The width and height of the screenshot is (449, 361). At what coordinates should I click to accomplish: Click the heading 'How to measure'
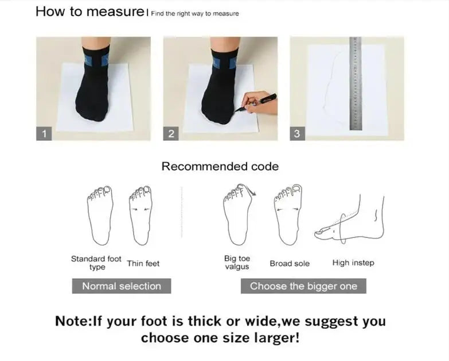(x=90, y=11)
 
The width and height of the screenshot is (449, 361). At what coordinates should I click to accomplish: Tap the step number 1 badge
(x=44, y=133)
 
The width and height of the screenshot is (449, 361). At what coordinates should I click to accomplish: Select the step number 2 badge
(x=171, y=133)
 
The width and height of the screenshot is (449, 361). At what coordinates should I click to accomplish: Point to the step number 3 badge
(x=297, y=133)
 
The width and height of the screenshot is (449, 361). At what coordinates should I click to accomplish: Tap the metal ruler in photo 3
(x=356, y=83)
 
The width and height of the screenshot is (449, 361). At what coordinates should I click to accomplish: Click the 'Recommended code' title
(x=220, y=167)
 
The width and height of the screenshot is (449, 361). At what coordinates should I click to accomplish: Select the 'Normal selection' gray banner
(x=122, y=286)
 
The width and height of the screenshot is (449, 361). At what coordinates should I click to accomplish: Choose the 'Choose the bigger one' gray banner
(x=303, y=286)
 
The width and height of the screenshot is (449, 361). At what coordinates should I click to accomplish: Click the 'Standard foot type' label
(x=96, y=263)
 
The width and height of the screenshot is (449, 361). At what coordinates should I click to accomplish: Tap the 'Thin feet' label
(x=143, y=263)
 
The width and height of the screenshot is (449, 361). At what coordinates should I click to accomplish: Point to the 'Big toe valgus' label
(x=237, y=263)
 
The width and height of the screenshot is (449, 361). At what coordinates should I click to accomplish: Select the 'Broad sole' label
(x=290, y=263)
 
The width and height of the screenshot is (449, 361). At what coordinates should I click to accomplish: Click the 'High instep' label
(x=353, y=263)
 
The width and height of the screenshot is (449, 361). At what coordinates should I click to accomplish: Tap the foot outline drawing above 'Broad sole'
(x=288, y=214)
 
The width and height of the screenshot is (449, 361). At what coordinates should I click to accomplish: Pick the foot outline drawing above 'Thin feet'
(x=140, y=216)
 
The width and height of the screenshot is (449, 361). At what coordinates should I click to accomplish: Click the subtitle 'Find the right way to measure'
(x=195, y=13)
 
